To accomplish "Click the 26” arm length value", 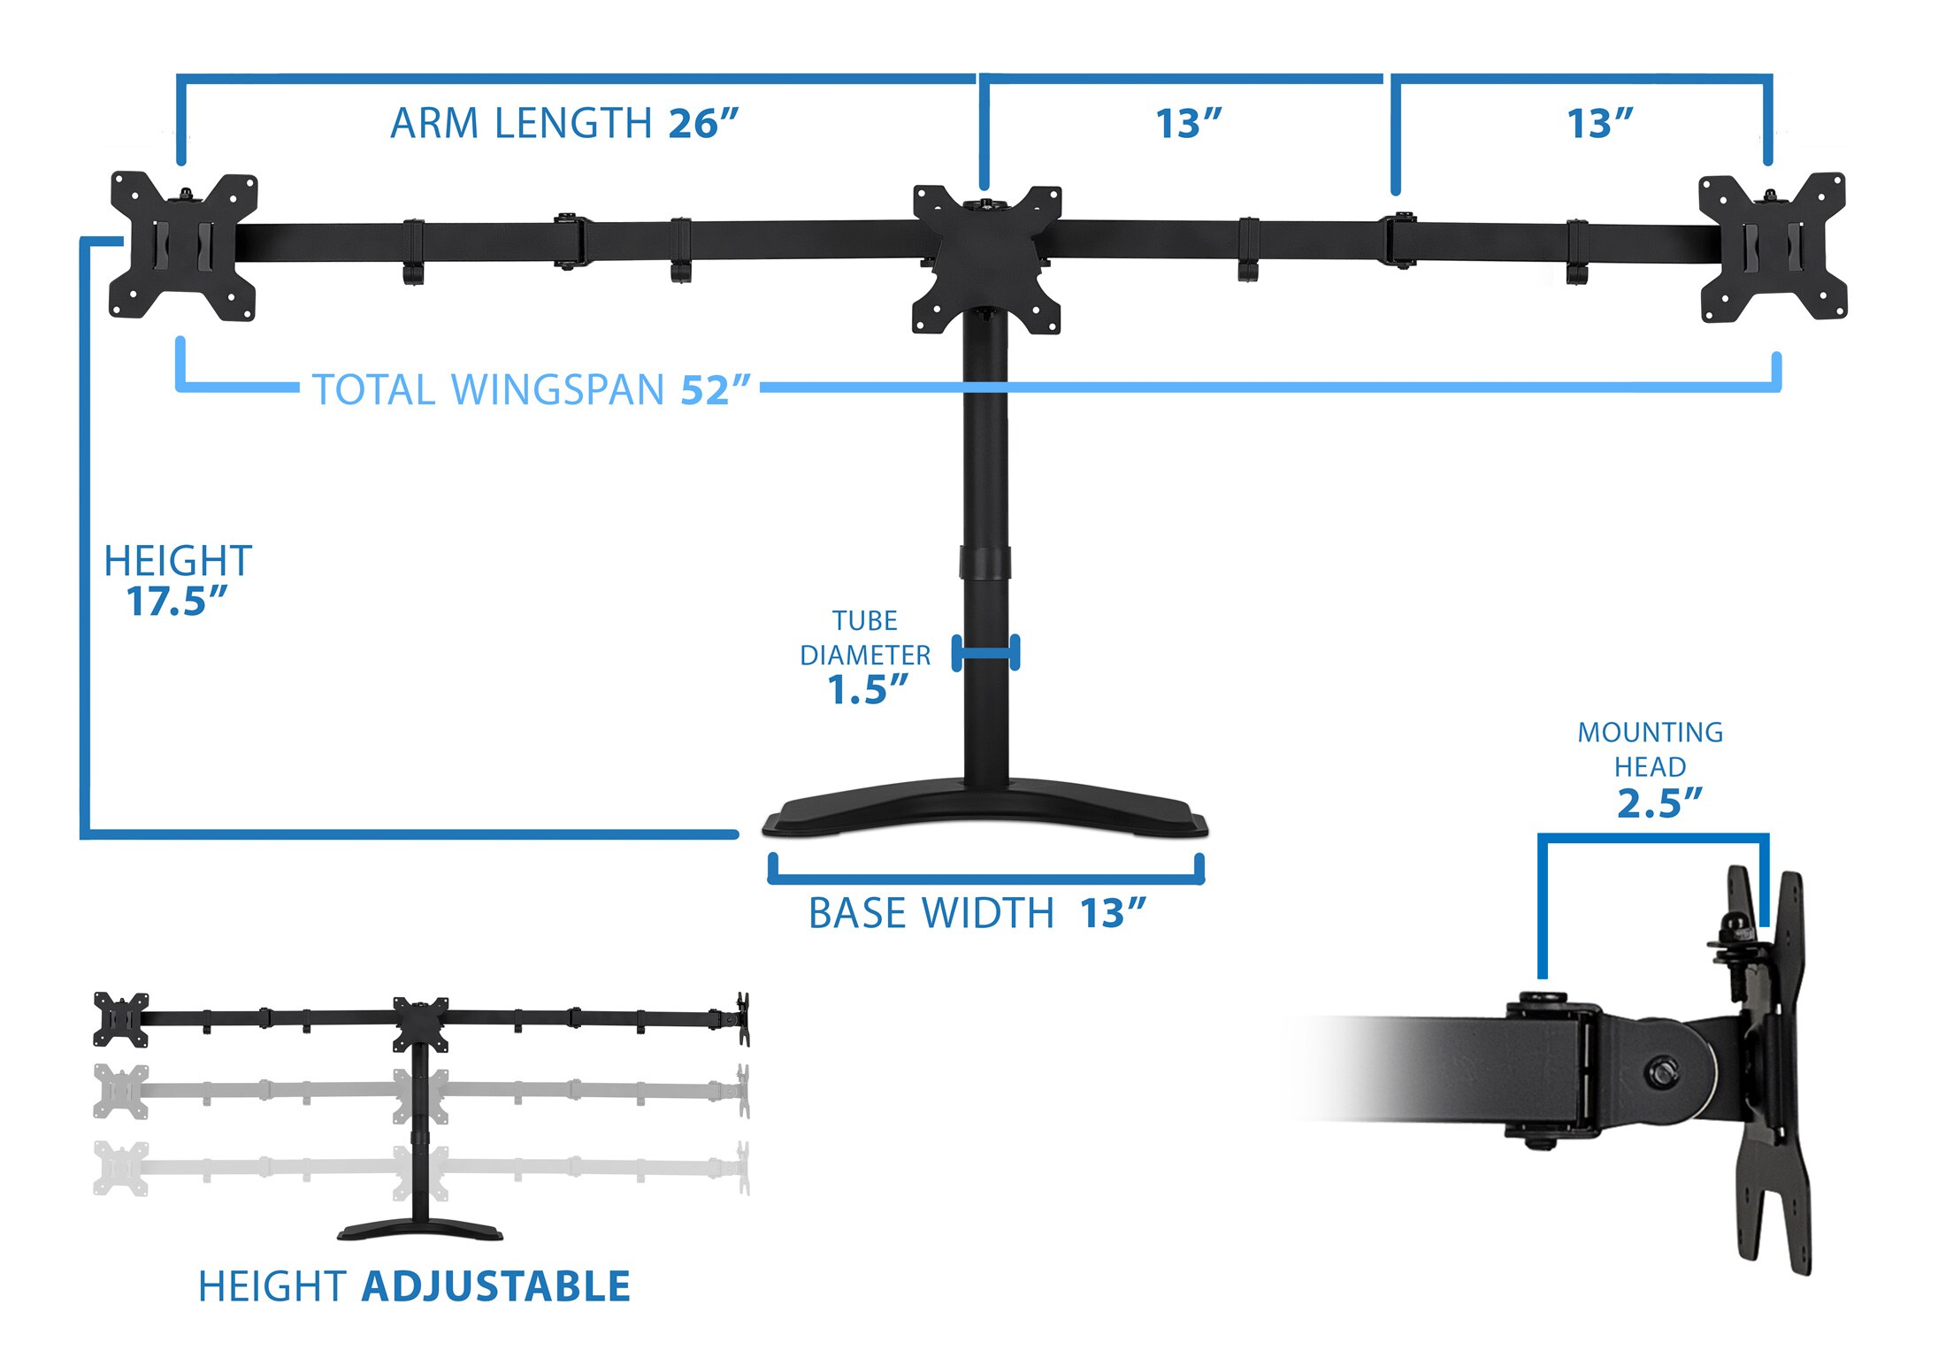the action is pyautogui.click(x=703, y=123).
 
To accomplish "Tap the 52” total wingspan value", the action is pyautogui.click(x=715, y=390).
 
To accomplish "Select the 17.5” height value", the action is pyautogui.click(x=177, y=602).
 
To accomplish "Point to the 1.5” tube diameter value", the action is pyautogui.click(x=868, y=690).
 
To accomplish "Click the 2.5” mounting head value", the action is pyautogui.click(x=1659, y=803).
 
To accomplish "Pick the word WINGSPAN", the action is pyautogui.click(x=557, y=390).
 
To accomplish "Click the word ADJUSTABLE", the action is pyautogui.click(x=496, y=1286).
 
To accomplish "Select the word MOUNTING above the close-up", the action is pyautogui.click(x=1651, y=733).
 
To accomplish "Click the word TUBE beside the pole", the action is pyautogui.click(x=865, y=621).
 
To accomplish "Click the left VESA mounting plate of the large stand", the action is pyautogui.click(x=183, y=246).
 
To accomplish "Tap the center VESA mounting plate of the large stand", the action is pyautogui.click(x=987, y=259).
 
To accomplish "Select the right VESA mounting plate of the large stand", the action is pyautogui.click(x=1773, y=248).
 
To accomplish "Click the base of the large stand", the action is pyautogui.click(x=985, y=808).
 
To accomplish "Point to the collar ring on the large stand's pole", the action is pyautogui.click(x=984, y=564).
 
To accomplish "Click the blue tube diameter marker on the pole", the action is pyautogui.click(x=985, y=653).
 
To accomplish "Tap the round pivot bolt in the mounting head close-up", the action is pyautogui.click(x=1663, y=1074).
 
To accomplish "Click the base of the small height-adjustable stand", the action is pyautogui.click(x=420, y=1230).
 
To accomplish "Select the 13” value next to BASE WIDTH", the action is pyautogui.click(x=1113, y=913).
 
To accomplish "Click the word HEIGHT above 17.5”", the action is pyautogui.click(x=178, y=561).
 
